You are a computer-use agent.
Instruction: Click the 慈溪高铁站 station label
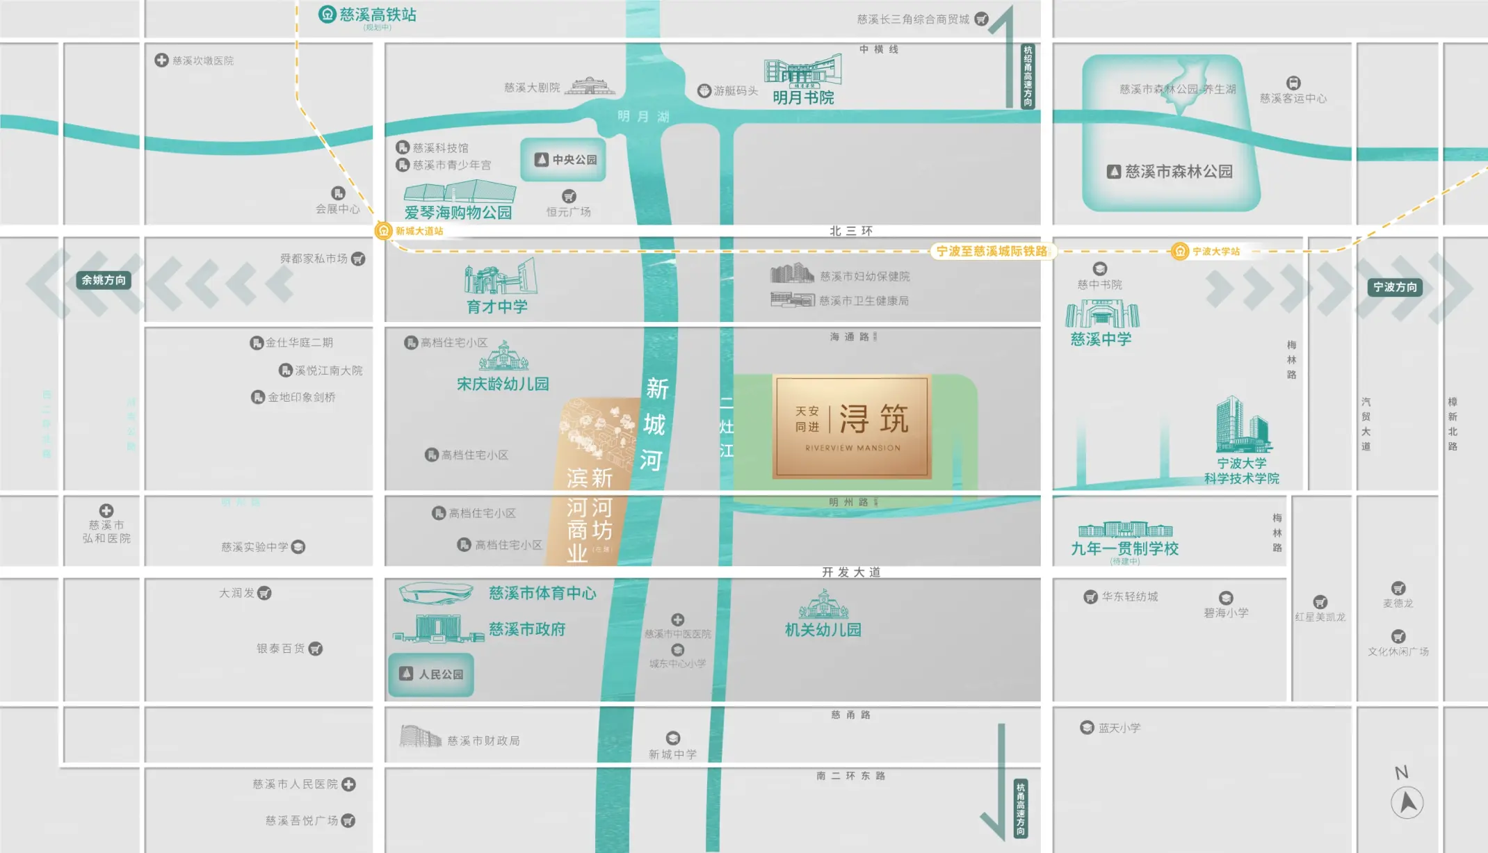click(x=377, y=15)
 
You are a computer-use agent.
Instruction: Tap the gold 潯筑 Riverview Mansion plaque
click(x=852, y=427)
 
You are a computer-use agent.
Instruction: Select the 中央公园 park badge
click(x=563, y=160)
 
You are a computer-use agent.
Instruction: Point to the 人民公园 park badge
click(x=431, y=674)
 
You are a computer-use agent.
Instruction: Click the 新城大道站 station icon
click(x=383, y=231)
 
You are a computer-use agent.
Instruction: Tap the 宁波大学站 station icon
click(x=1179, y=251)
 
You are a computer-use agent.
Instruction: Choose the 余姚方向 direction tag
click(x=104, y=280)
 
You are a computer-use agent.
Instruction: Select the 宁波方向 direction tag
click(x=1395, y=287)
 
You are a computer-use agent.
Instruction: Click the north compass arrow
click(x=1407, y=802)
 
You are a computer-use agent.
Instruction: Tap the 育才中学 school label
click(x=497, y=307)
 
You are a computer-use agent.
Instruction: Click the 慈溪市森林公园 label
click(x=1179, y=172)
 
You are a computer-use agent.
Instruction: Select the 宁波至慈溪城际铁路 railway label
click(x=992, y=251)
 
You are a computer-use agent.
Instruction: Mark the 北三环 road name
click(x=851, y=231)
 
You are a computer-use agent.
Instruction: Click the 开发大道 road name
click(x=851, y=572)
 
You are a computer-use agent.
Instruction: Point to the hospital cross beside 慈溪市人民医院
click(x=349, y=784)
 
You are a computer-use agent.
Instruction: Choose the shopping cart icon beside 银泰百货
click(x=316, y=649)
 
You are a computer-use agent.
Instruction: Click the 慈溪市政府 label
click(x=527, y=629)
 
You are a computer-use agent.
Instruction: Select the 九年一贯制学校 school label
click(x=1124, y=549)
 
